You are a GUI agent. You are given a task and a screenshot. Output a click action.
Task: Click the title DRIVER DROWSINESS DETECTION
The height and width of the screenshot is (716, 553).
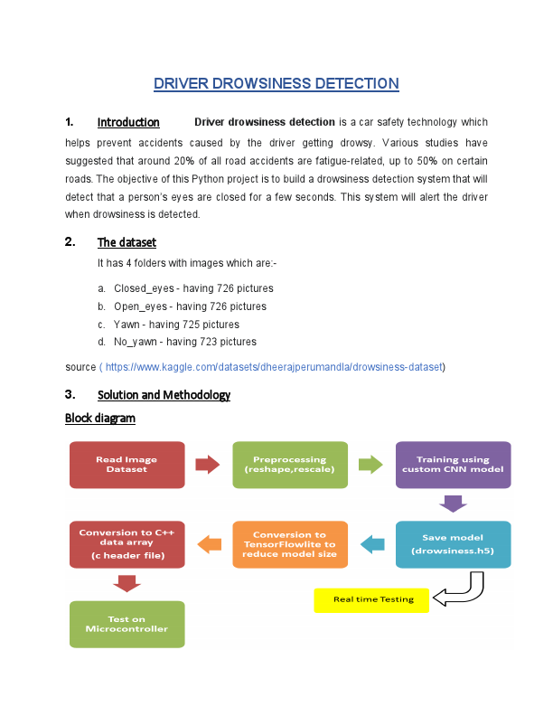tap(276, 84)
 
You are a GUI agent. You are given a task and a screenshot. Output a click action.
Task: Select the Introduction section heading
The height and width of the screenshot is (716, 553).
tap(128, 122)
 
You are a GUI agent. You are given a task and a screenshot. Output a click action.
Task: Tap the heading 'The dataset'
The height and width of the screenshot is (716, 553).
tap(127, 242)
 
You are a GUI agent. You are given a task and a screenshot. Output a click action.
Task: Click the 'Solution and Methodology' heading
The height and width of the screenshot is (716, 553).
tap(164, 395)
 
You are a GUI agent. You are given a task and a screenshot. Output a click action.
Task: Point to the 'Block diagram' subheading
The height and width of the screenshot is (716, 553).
tap(100, 418)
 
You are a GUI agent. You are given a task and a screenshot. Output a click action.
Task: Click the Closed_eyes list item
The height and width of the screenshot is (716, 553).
tap(193, 288)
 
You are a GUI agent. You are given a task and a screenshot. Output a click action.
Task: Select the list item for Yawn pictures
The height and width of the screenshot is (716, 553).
tap(176, 325)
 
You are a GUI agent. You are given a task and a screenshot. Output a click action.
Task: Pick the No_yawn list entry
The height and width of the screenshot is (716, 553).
tap(184, 342)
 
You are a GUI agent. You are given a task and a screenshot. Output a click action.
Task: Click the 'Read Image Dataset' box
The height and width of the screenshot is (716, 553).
tap(127, 465)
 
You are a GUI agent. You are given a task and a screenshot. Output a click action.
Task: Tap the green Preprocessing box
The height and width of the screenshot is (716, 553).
tap(290, 465)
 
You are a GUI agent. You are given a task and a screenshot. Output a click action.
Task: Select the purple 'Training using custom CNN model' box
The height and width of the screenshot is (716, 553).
tap(453, 465)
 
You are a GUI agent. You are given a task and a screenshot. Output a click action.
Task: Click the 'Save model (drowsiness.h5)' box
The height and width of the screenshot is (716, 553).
tap(453, 544)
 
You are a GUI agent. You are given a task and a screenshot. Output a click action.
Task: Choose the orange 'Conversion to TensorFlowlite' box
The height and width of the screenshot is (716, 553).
tap(290, 544)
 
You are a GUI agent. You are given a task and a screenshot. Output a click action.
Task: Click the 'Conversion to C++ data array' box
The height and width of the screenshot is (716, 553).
tap(127, 544)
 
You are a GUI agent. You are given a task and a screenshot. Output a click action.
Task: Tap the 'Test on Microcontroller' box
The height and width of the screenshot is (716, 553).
tap(127, 624)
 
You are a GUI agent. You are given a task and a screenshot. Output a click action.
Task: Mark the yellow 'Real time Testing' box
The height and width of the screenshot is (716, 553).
tap(371, 599)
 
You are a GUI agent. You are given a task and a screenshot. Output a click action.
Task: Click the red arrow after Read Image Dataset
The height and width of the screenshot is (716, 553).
tap(208, 465)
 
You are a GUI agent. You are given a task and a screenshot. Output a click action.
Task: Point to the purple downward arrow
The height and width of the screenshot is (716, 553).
tap(453, 504)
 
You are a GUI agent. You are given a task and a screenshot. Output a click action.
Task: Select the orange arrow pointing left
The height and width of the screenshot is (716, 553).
tap(210, 544)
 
